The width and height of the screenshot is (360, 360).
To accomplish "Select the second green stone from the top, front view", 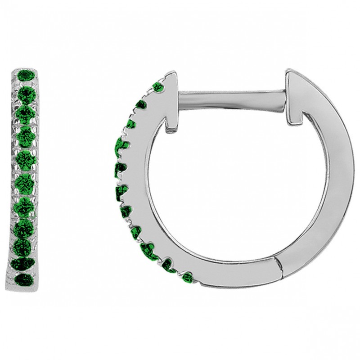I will point(27,92).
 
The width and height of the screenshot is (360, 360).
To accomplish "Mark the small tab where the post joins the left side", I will point(171,121).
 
